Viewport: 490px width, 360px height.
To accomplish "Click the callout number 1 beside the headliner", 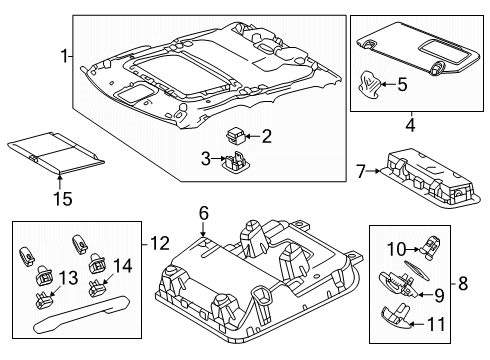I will coord(67,56).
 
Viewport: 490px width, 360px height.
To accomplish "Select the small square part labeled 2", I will coord(238,134).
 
